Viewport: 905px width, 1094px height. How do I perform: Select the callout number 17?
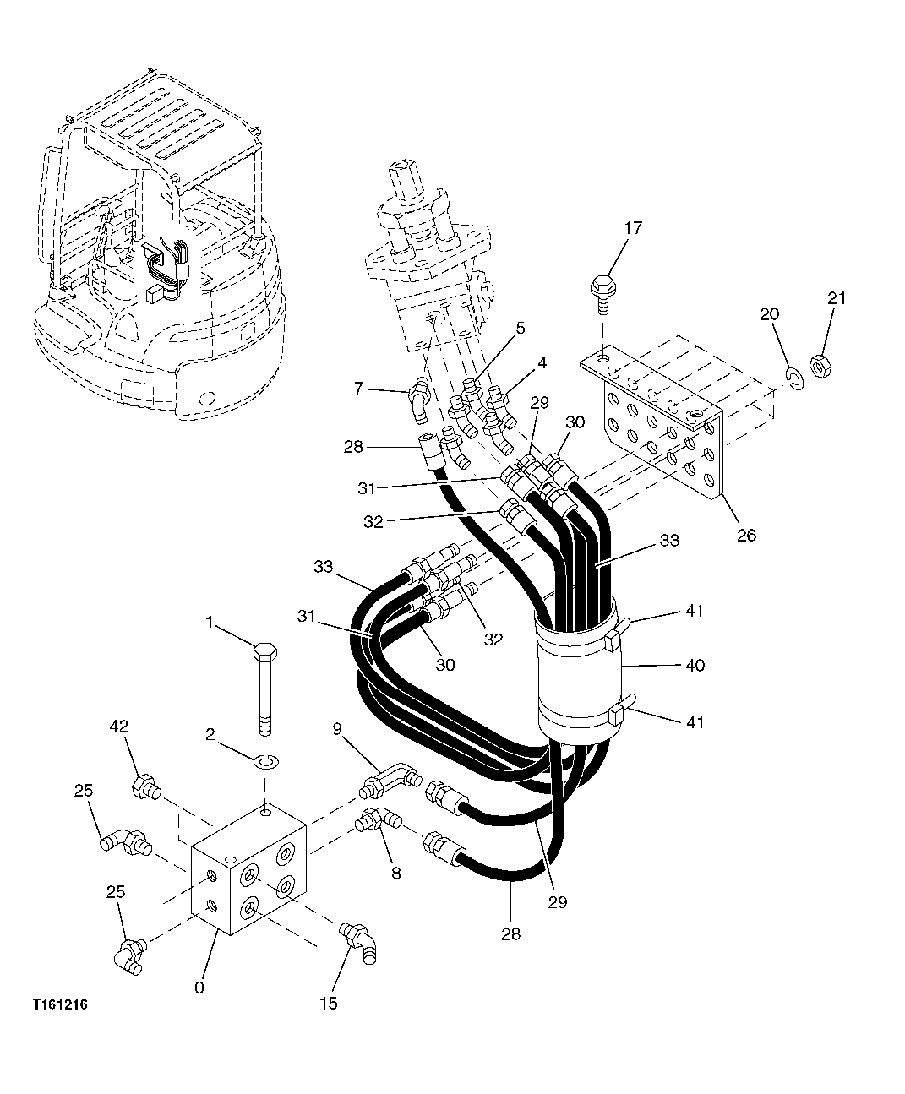pyautogui.click(x=634, y=228)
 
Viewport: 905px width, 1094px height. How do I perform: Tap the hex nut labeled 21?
pyautogui.click(x=818, y=365)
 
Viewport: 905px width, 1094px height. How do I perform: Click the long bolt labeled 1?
pyautogui.click(x=264, y=684)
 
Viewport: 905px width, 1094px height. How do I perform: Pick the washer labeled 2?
pyautogui.click(x=267, y=763)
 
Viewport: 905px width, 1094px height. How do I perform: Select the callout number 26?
pyautogui.click(x=746, y=535)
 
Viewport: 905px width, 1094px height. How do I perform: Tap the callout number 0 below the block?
pyautogui.click(x=199, y=986)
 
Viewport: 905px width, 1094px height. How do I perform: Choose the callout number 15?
pyautogui.click(x=329, y=1003)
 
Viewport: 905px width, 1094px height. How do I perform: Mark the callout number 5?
pyautogui.click(x=521, y=327)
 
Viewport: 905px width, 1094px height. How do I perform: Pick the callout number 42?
pyautogui.click(x=119, y=726)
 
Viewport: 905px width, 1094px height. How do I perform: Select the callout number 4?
pyautogui.click(x=542, y=363)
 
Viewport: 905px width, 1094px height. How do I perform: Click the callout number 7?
pyautogui.click(x=359, y=388)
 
